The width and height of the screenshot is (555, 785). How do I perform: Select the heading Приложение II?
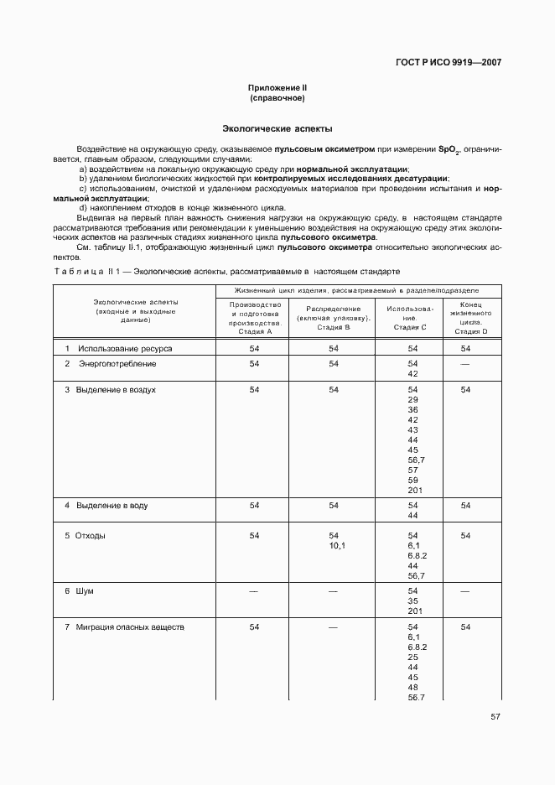277,88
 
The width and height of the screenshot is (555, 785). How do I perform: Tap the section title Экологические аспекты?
277,129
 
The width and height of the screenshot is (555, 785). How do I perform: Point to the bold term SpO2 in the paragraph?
449,149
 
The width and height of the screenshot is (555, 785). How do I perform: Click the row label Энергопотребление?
117,364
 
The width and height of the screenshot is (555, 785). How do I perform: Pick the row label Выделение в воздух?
116,390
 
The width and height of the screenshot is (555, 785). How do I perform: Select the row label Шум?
85,591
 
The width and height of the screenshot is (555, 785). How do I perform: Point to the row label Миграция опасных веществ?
129,627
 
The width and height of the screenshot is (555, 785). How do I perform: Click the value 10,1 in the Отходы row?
334,546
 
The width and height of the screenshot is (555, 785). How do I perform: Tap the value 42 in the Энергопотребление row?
412,374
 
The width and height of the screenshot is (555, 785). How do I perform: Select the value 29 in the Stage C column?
412,400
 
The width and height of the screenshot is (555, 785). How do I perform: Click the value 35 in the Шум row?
412,601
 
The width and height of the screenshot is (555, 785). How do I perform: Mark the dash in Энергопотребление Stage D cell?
465,364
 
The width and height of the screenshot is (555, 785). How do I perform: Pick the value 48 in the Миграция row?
412,688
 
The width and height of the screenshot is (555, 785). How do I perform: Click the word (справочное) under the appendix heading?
277,98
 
